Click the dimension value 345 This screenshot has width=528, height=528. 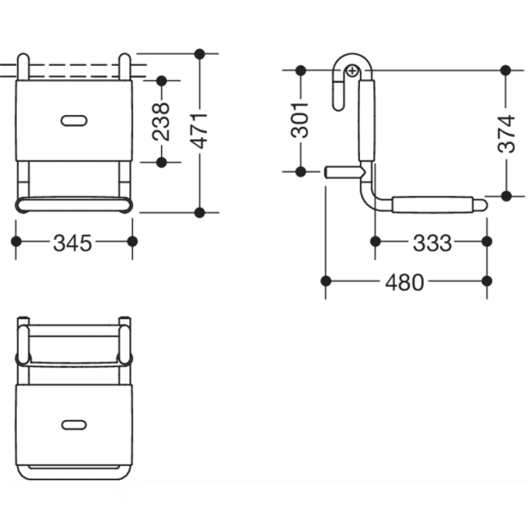pyautogui.click(x=73, y=242)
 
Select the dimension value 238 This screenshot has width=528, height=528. pyautogui.click(x=161, y=121)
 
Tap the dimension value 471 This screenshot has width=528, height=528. pyautogui.click(x=199, y=131)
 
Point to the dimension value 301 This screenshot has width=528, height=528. pyautogui.click(x=300, y=120)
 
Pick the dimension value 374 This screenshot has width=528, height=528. pyautogui.click(x=506, y=134)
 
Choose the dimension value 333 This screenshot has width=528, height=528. pyautogui.click(x=433, y=242)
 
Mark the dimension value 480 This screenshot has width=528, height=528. pyautogui.click(x=404, y=282)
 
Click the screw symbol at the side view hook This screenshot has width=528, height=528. pyautogui.click(x=352, y=71)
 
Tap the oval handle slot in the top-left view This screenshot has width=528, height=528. pyautogui.click(x=74, y=120)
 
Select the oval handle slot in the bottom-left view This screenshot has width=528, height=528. pyautogui.click(x=74, y=425)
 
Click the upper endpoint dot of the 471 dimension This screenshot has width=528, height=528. pyautogui.click(x=199, y=54)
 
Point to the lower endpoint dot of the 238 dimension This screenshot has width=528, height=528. pyautogui.click(x=162, y=162)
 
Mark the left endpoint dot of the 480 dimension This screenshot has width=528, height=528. pyautogui.click(x=325, y=281)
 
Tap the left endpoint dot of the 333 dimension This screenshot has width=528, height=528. pyautogui.click(x=375, y=242)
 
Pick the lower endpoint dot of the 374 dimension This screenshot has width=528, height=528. pyautogui.click(x=506, y=196)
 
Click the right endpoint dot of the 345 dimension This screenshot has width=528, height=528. pyautogui.click(x=132, y=242)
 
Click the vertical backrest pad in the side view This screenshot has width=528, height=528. pyautogui.click(x=366, y=120)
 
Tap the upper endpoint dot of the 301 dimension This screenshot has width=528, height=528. pyautogui.click(x=300, y=70)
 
